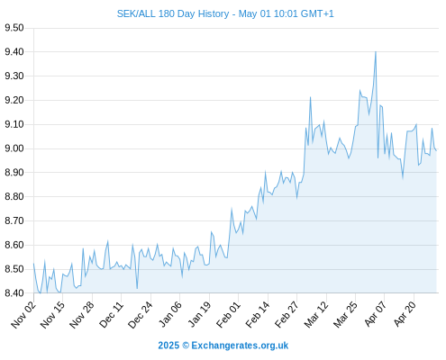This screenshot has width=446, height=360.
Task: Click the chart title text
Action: pyautogui.click(x=225, y=13)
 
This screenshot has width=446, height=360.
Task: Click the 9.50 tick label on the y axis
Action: pyautogui.click(x=14, y=28)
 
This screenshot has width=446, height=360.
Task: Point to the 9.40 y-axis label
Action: pyautogui.click(x=14, y=52)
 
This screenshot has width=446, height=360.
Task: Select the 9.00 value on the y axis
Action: pyautogui.click(x=14, y=148)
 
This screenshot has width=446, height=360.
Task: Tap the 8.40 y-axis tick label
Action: pyautogui.click(x=14, y=293)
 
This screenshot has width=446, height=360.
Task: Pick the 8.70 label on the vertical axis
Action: pyautogui.click(x=14, y=220)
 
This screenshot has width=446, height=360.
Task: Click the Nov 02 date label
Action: pyautogui.click(x=23, y=315)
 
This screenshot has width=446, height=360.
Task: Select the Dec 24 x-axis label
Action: pyautogui.click(x=141, y=315)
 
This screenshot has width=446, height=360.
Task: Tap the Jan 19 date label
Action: pyautogui.click(x=199, y=315)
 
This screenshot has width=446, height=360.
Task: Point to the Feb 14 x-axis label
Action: pyautogui.click(x=258, y=315)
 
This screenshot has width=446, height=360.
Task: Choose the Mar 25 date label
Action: pyautogui.click(x=346, y=315)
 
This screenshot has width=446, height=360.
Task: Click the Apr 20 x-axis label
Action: pyautogui.click(x=405, y=315)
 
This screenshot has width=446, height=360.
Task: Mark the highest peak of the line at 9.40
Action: pyautogui.click(x=376, y=52)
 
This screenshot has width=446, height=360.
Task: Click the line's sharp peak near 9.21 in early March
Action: pyautogui.click(x=310, y=97)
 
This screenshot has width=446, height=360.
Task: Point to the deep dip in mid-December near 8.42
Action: pyautogui.click(x=137, y=289)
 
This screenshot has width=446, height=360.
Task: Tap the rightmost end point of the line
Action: pyautogui.click(x=436, y=150)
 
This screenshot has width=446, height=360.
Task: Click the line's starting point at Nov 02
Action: pyautogui.click(x=33, y=264)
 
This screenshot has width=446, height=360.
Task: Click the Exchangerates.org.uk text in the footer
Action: pyautogui.click(x=240, y=346)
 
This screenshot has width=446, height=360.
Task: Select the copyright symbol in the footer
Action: pyautogui.click(x=186, y=346)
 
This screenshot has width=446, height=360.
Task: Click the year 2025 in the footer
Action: pyautogui.click(x=168, y=346)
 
